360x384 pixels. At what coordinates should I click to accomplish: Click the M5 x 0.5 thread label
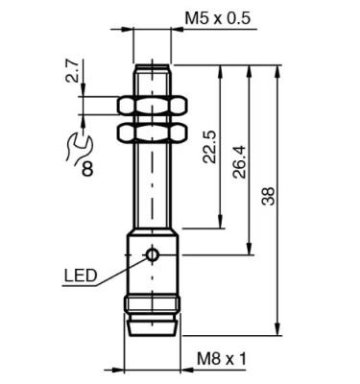(x=218, y=18)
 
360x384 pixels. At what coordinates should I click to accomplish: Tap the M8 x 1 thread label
(x=222, y=359)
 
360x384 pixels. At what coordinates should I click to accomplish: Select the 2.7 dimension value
(x=73, y=71)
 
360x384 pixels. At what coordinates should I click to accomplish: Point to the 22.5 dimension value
(x=210, y=147)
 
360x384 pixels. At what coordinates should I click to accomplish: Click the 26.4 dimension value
(x=240, y=161)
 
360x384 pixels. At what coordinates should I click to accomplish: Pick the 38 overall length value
(x=268, y=196)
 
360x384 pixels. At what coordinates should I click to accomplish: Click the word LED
(x=81, y=276)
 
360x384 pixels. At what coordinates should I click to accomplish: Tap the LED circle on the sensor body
(x=152, y=254)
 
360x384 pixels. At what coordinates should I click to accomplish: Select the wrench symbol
(x=80, y=147)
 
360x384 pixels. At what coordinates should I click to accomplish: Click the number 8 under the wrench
(x=87, y=169)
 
